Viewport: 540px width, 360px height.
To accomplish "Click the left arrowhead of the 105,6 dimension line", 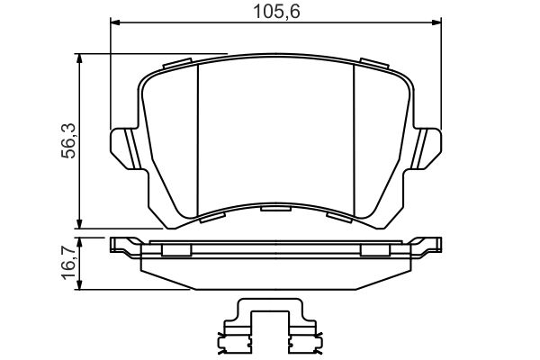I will pos(115,25).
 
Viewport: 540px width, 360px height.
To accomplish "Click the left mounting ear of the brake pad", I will pos(123,146).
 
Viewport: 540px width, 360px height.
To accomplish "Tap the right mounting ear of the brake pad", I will pos(428,146).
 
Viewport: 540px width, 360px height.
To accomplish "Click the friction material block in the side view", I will pos(275,270).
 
